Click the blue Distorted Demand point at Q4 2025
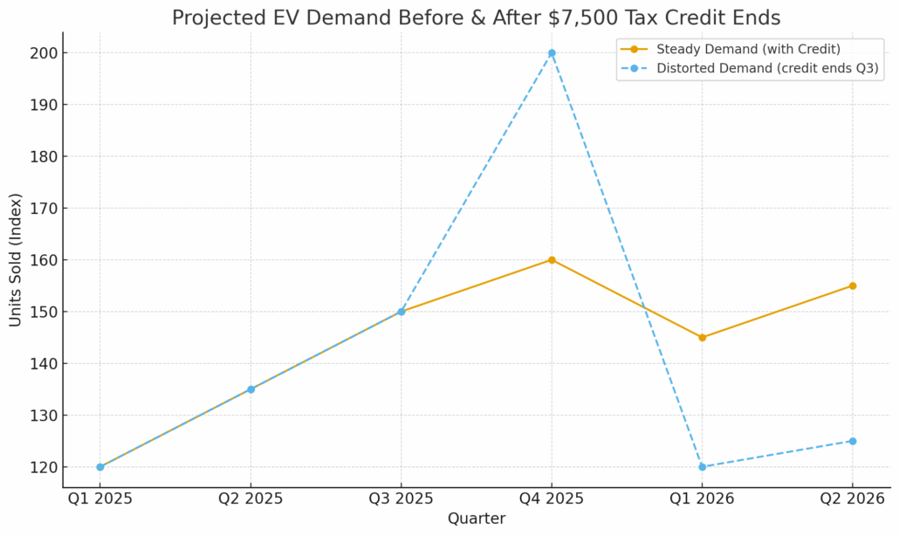point(552,53)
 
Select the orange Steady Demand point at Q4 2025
point(552,260)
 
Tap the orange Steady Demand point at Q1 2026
point(702,337)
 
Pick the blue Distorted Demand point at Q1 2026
point(702,467)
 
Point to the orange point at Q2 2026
point(853,285)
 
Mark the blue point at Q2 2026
point(853,441)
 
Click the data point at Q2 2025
point(250,389)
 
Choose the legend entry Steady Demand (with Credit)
point(748,49)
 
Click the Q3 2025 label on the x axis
point(401,499)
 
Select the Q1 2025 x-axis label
point(100,499)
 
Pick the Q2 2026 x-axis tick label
point(853,499)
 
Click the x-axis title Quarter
point(477,519)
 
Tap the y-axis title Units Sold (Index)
point(16,259)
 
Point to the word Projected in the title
point(215,18)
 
